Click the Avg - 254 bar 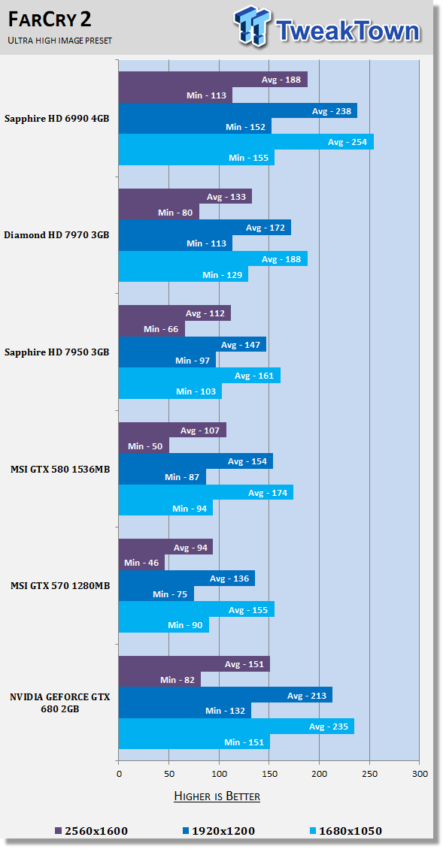[246, 142]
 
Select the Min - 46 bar [141, 563]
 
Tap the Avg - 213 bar [226, 695]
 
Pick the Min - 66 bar [152, 328]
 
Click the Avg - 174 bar [206, 492]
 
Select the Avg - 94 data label [190, 548]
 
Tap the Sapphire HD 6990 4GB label [57, 119]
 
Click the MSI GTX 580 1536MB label [60, 469]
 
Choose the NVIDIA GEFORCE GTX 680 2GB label [59, 702]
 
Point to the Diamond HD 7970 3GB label [56, 235]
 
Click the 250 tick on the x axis [369, 773]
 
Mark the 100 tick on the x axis [219, 773]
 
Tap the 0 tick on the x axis [119, 773]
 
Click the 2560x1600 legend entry [91, 830]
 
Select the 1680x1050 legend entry [347, 830]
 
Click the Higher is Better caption [217, 796]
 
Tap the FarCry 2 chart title [50, 20]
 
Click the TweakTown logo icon [253, 26]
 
